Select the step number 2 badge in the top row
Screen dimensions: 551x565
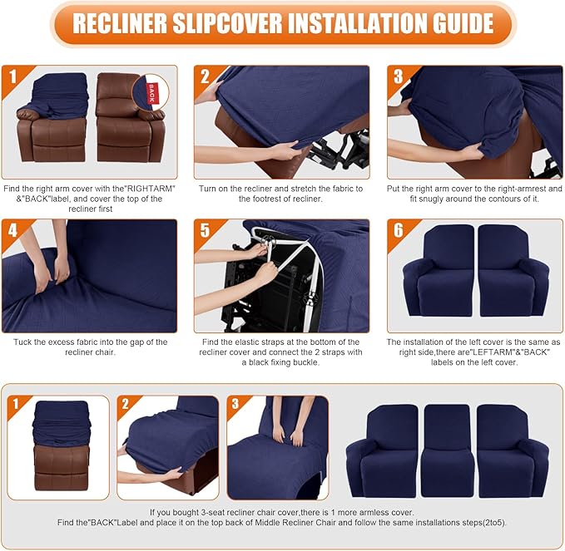pos(206,77)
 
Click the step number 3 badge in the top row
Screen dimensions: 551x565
pos(399,77)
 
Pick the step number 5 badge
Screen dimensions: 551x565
pos(206,231)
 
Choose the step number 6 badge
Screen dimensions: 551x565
pos(399,231)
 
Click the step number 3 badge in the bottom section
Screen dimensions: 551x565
pos(237,406)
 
